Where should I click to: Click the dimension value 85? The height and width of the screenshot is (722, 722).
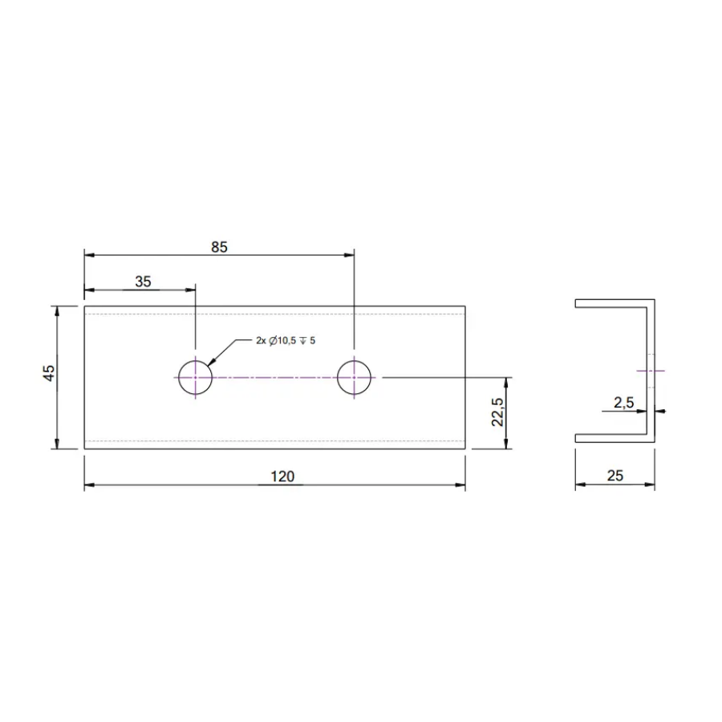[220, 247]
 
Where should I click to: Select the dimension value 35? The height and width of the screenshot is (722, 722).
[143, 281]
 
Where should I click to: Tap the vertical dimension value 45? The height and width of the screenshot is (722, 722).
[49, 373]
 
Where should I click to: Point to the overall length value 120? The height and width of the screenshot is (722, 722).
[282, 477]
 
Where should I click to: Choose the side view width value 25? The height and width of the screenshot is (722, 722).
[615, 476]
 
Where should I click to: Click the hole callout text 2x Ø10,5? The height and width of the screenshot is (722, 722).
[285, 341]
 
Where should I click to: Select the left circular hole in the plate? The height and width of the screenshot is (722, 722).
[195, 377]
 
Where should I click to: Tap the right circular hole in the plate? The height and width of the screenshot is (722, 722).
[354, 377]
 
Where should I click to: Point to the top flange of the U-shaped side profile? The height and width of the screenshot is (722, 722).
[614, 303]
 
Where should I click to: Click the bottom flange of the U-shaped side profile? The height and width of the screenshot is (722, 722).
[614, 437]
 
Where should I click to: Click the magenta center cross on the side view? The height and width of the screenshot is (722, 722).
[649, 371]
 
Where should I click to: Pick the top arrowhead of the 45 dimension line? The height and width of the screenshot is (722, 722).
[57, 310]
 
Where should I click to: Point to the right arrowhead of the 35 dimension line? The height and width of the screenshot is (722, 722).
[190, 290]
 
